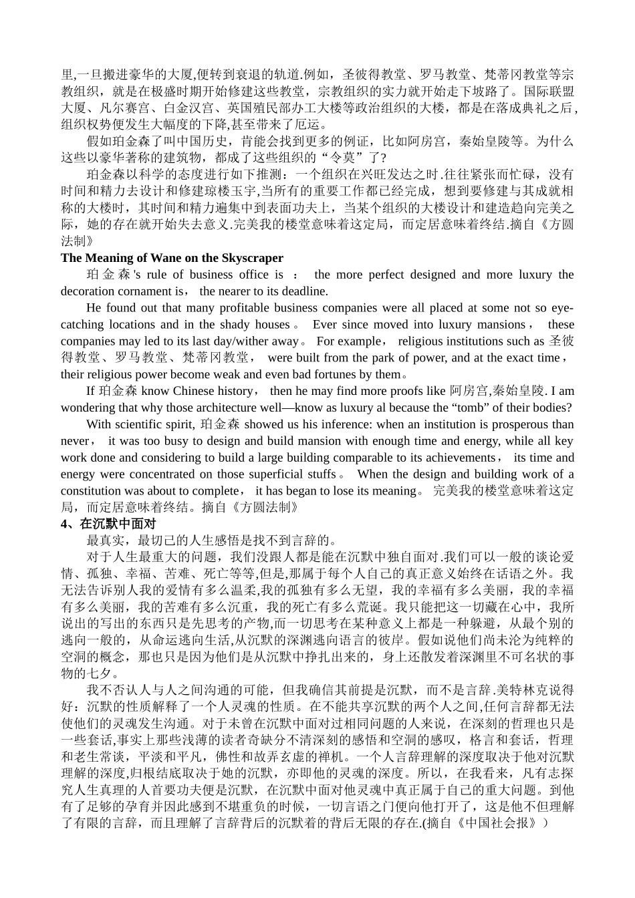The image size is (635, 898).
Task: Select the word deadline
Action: pyautogui.click(x=304, y=291)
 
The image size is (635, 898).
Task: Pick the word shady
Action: pyautogui.click(x=234, y=325)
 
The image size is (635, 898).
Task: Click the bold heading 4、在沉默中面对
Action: pyautogui.click(x=108, y=525)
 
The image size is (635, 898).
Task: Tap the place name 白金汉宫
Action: pyautogui.click(x=180, y=108)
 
